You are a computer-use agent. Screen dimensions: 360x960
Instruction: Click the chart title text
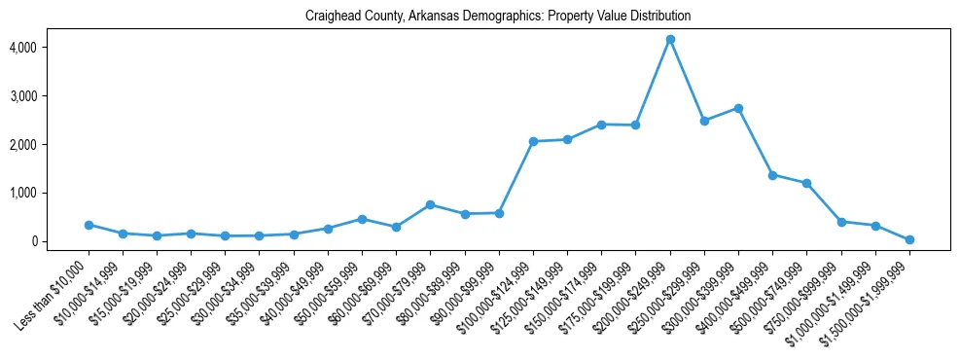(x=498, y=16)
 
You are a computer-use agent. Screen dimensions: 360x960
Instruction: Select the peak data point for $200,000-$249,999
(x=670, y=39)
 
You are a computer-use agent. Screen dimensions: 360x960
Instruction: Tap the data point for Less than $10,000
(x=89, y=225)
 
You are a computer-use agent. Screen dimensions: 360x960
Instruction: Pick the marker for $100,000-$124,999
(x=533, y=141)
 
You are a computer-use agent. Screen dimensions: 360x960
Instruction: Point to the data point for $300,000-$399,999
(x=738, y=108)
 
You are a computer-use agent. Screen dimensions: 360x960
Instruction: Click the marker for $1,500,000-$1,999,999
(x=909, y=239)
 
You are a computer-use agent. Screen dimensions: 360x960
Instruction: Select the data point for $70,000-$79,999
(x=431, y=204)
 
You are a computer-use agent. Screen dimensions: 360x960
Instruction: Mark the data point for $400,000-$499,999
(x=772, y=175)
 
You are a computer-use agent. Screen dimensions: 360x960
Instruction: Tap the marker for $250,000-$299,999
(x=704, y=121)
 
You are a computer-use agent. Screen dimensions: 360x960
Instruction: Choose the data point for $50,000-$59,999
(x=362, y=219)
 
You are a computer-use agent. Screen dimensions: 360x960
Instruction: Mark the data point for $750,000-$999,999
(x=841, y=222)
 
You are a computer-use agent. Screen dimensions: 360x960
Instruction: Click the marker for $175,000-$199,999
(x=636, y=125)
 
